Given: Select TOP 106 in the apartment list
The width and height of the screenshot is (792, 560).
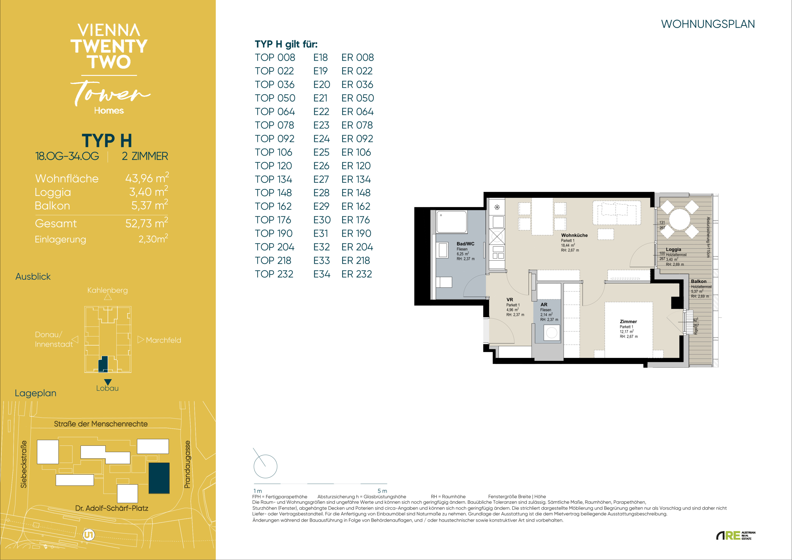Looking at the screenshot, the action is pyautogui.click(x=274, y=152).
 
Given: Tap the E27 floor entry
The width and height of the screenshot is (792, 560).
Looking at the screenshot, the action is pyautogui.click(x=321, y=179).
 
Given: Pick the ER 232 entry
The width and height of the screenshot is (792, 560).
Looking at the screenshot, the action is pyautogui.click(x=357, y=274).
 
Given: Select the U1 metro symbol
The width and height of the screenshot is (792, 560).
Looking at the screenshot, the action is pyautogui.click(x=89, y=535).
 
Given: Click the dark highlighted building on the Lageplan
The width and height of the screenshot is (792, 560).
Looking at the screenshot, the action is pyautogui.click(x=159, y=478).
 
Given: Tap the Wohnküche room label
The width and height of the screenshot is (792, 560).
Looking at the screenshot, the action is pyautogui.click(x=574, y=235).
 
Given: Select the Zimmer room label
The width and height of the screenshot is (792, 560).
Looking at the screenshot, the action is pyautogui.click(x=628, y=322).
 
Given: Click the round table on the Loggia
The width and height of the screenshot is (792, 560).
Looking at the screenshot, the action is pyautogui.click(x=680, y=219).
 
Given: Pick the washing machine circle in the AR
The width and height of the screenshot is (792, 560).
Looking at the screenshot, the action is pyautogui.click(x=552, y=333).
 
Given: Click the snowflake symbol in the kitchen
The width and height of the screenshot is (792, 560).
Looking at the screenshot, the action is pyautogui.click(x=497, y=207).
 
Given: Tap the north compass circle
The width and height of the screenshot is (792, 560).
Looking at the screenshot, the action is pyautogui.click(x=265, y=467).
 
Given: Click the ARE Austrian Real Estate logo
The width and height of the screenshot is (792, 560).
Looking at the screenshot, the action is pyautogui.click(x=736, y=536).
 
